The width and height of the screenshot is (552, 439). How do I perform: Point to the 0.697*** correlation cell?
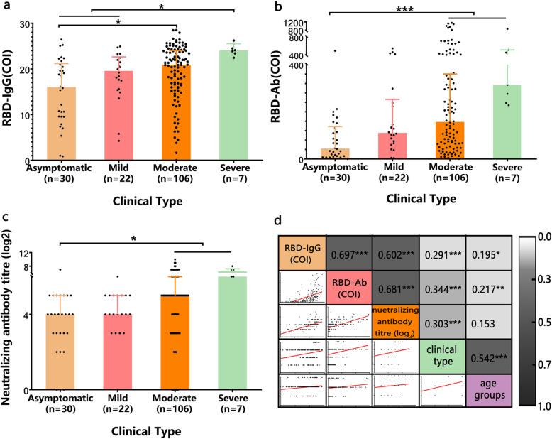point(348,254)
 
